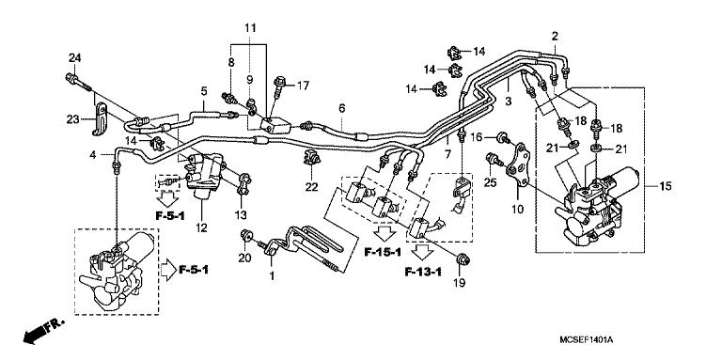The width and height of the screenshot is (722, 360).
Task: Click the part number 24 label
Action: click(x=74, y=58)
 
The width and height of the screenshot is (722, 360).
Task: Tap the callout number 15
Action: click(x=666, y=186)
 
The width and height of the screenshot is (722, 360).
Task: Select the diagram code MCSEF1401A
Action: click(x=587, y=340)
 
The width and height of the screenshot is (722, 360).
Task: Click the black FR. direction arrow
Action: click(x=44, y=331)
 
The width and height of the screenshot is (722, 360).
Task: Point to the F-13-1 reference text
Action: click(x=423, y=272)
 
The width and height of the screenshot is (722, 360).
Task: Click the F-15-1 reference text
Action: click(x=383, y=252)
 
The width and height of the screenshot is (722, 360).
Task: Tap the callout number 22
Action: click(x=312, y=187)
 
